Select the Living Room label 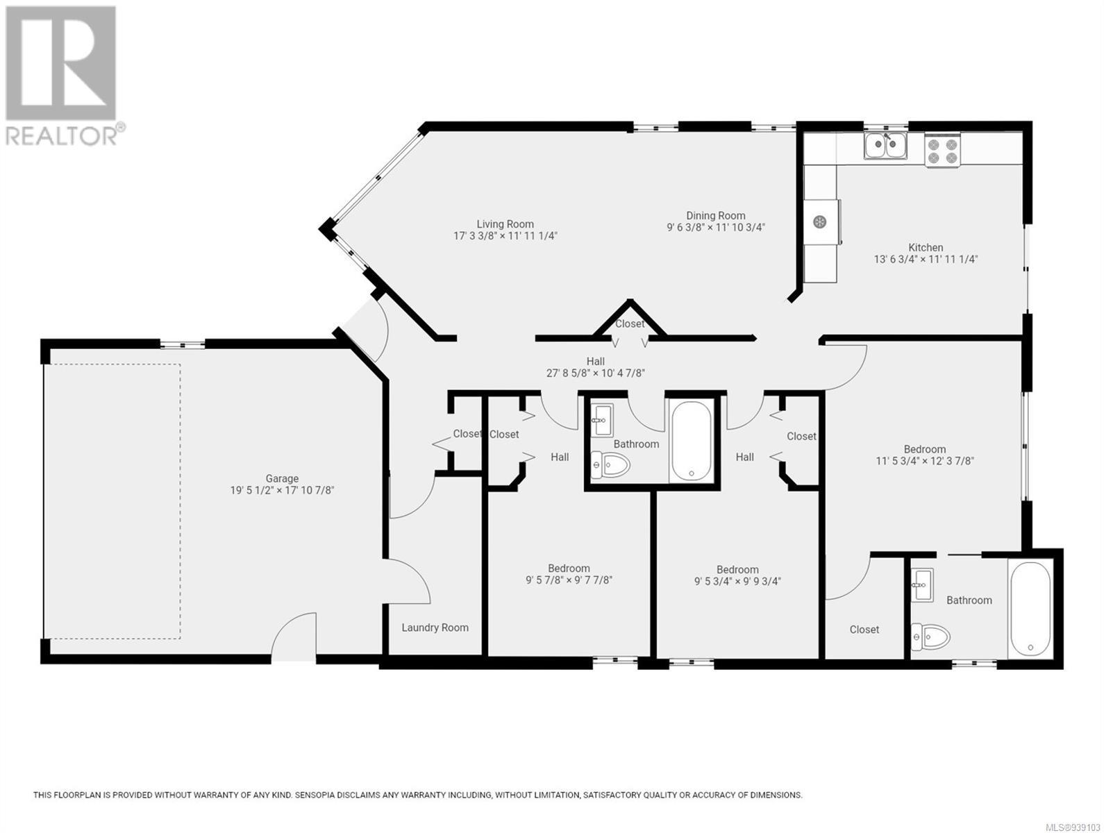click(x=505, y=224)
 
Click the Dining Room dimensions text click(x=716, y=227)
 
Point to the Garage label click(x=282, y=478)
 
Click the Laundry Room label click(x=435, y=628)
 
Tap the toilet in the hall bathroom click(x=610, y=464)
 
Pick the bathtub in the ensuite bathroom click(x=1030, y=609)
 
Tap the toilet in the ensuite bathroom click(x=930, y=637)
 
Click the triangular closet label click(x=630, y=323)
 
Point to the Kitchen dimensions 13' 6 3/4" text click(x=926, y=260)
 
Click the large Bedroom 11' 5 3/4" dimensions click(x=925, y=461)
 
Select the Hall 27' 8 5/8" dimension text click(x=596, y=373)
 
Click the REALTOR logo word click(x=61, y=135)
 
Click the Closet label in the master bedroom click(x=864, y=630)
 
